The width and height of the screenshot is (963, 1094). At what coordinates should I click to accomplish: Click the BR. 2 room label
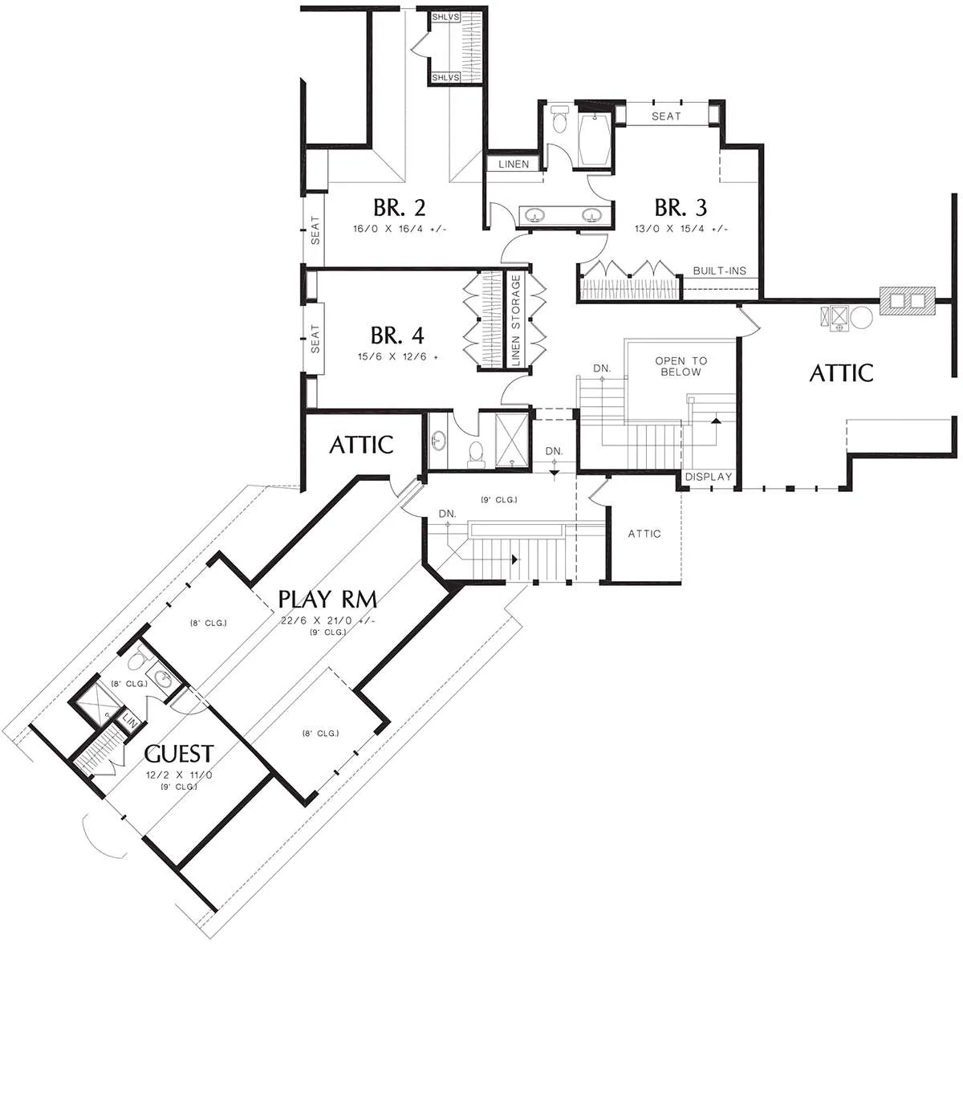(399, 207)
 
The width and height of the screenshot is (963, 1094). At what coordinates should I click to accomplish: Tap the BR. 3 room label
(681, 207)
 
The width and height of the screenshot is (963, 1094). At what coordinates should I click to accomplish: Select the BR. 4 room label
(397, 336)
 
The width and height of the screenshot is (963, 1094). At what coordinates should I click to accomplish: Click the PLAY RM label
(327, 599)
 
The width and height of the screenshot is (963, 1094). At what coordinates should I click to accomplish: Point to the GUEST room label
(179, 753)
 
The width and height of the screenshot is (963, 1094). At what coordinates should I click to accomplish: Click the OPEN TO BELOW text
(681, 366)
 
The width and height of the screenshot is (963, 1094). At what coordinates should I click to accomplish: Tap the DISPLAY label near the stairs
(709, 477)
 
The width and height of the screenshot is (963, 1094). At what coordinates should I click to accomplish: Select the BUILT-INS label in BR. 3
(720, 270)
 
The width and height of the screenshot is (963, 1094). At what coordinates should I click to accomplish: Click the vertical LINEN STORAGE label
(515, 319)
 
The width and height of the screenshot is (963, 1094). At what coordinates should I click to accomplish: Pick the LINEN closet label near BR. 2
(514, 165)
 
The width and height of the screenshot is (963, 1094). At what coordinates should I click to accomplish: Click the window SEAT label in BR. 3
(666, 116)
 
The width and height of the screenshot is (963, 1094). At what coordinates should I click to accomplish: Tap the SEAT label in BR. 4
(315, 339)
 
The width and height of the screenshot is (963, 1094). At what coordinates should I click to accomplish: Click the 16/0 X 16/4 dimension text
(400, 229)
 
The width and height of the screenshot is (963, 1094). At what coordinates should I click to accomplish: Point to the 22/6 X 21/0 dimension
(327, 620)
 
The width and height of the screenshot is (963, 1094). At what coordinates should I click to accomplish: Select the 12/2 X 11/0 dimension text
(179, 775)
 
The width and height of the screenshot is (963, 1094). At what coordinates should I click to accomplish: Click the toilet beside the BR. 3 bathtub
(560, 120)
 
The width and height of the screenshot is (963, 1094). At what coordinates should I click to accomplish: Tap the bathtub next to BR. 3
(595, 140)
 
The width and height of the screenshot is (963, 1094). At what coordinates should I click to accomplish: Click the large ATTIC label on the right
(841, 373)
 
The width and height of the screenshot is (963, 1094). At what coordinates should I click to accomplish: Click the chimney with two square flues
(907, 301)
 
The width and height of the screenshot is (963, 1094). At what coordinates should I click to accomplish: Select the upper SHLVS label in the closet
(445, 18)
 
